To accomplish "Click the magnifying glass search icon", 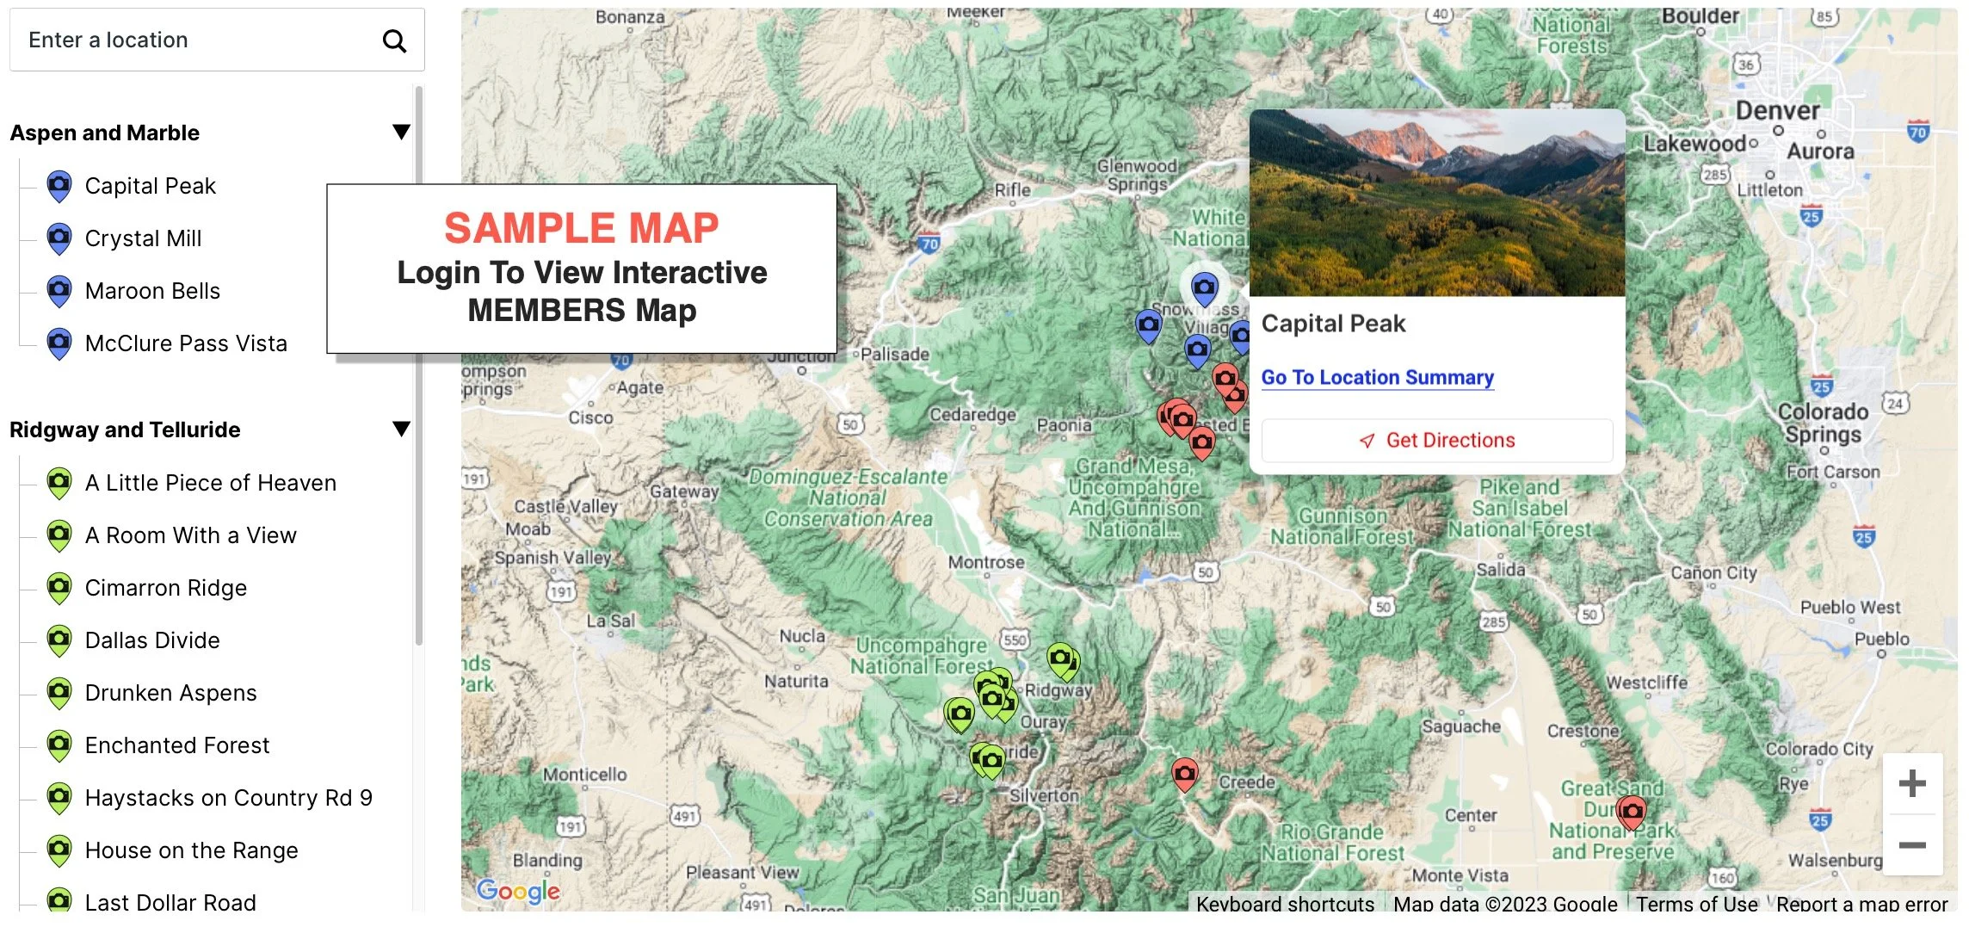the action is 394,40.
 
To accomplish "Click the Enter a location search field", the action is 198,40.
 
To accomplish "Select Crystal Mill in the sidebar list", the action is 143,238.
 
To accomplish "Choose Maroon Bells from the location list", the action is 152,291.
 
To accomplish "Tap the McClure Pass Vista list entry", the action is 186,343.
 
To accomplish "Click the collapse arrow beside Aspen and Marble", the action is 401,132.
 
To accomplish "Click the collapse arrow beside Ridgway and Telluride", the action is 401,429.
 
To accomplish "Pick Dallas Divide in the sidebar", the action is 152,640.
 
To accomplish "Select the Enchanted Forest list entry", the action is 176,745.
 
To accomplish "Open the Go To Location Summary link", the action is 1377,378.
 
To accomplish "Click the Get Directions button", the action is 1436,441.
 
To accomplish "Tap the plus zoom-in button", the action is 1911,783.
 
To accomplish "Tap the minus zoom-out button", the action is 1911,845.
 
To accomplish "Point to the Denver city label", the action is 1777,112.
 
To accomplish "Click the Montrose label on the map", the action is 986,563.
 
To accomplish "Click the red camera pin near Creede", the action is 1185,774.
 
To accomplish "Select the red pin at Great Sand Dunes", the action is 1631,811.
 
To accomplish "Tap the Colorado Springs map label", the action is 1823,423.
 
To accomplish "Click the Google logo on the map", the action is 518,891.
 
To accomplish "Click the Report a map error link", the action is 1861,904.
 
